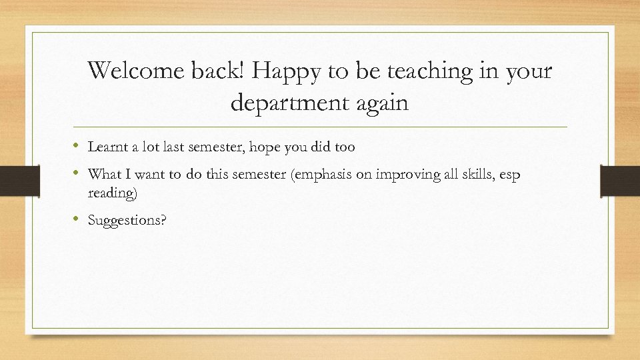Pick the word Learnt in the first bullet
[107, 147]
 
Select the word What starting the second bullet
[104, 175]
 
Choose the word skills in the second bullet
[481, 175]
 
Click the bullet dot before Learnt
[78, 145]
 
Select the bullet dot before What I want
[78, 173]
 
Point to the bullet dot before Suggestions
[78, 219]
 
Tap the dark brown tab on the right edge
[620, 181]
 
